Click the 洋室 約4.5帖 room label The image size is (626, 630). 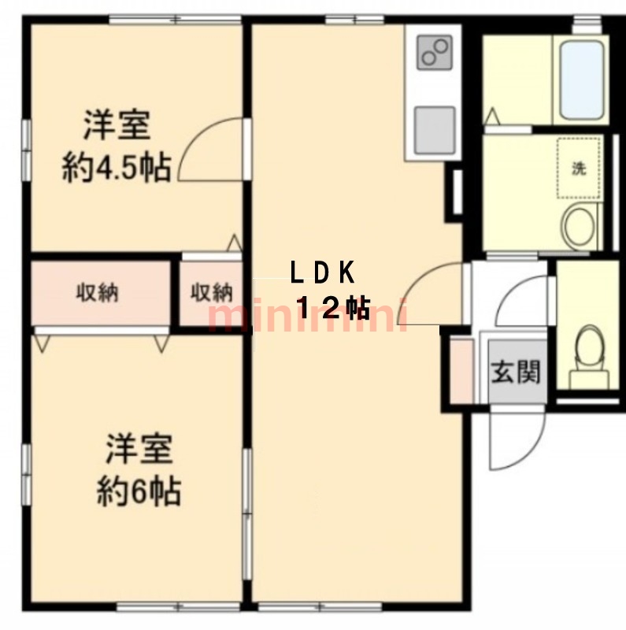[117, 146]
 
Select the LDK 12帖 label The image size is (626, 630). [329, 290]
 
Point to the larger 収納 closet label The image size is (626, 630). [98, 292]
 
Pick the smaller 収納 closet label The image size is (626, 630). [211, 292]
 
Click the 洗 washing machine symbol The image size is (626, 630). [579, 168]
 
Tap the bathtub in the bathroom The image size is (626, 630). [582, 80]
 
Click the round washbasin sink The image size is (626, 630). [579, 225]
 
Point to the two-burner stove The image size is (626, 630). [435, 52]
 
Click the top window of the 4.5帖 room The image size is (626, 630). [176, 19]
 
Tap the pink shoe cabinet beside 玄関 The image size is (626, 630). [461, 371]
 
